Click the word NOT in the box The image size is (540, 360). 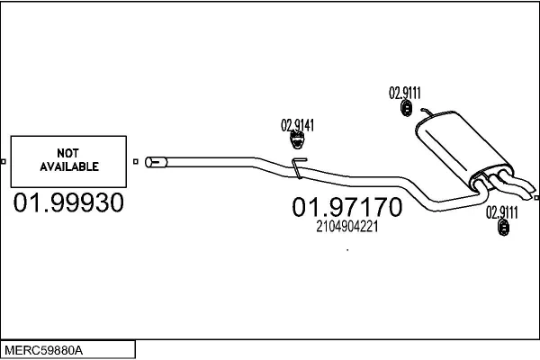pos(68,152)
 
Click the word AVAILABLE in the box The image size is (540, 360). pos(68,166)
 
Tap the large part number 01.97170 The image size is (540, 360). pos(346,208)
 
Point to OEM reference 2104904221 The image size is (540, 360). pos(346,228)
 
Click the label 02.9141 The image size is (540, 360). pos(297,125)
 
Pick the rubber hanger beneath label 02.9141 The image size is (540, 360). pos(295,140)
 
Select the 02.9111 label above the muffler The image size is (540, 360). pos(405,92)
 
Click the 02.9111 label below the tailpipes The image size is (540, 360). pos(502,213)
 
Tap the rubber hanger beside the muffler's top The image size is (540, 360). pos(406,109)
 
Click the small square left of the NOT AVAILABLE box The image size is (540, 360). pos(4,163)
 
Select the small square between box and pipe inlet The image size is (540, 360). pos(135,163)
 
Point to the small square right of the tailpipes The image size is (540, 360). pos(535,197)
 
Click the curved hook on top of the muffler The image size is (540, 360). pos(423,112)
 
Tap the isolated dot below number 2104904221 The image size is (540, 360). pos(347,250)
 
